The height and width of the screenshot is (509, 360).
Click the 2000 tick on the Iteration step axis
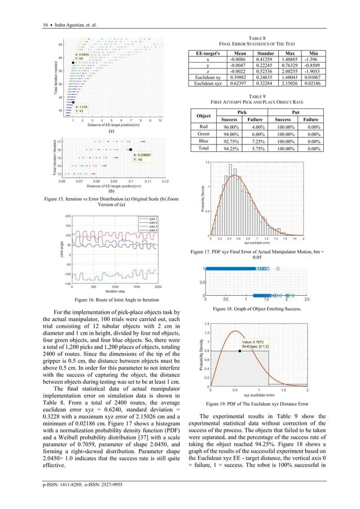point(157,287)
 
